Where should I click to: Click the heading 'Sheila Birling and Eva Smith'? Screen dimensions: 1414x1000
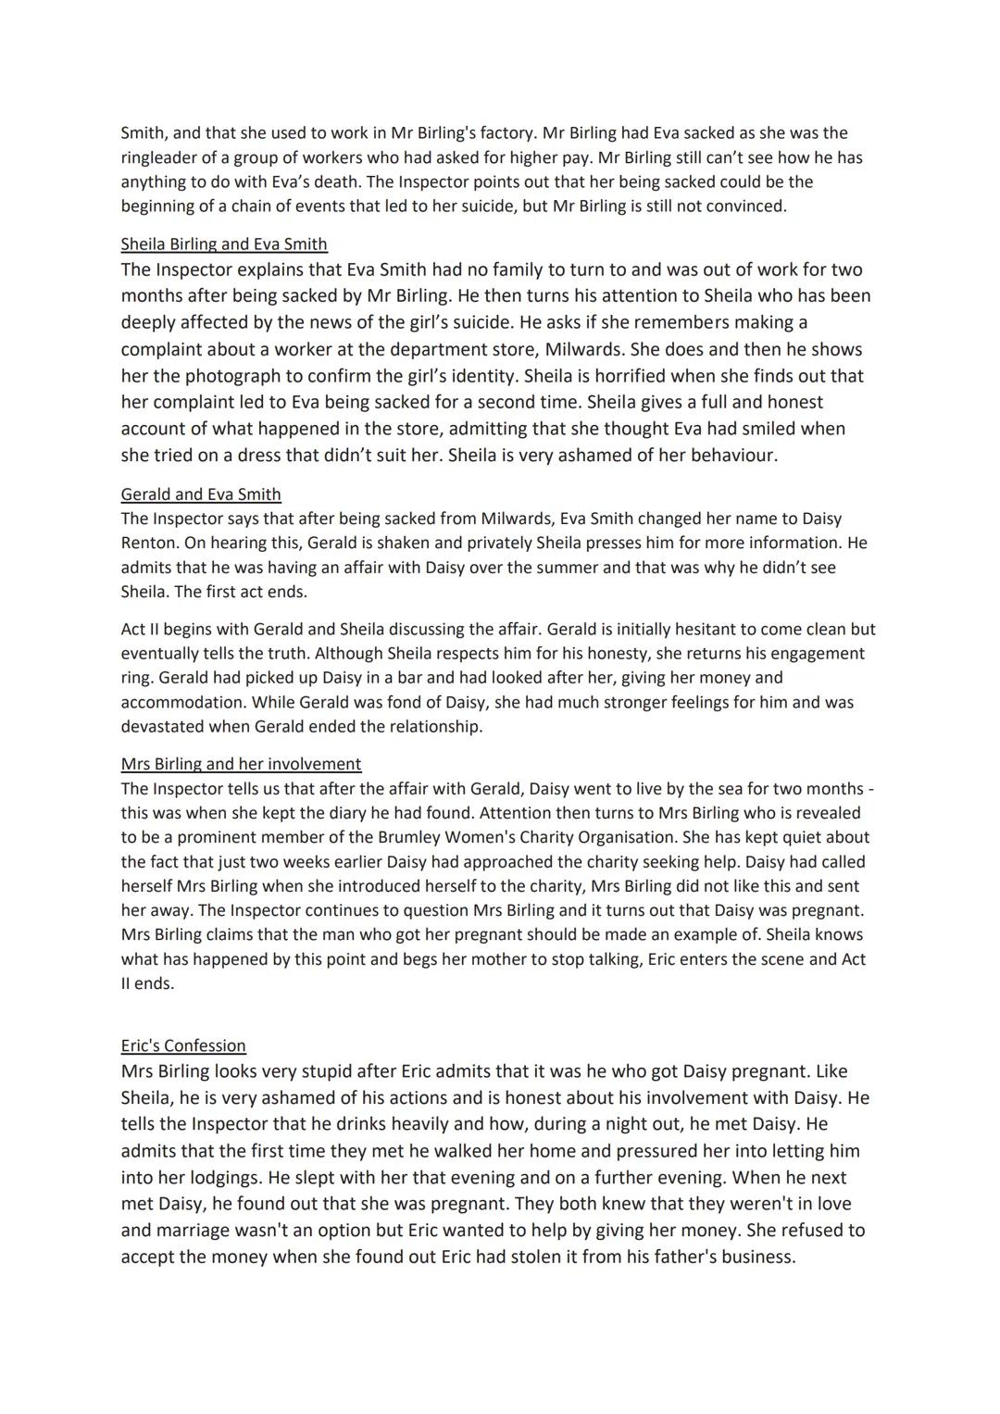tap(224, 244)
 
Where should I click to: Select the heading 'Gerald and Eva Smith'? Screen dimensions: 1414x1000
tap(201, 494)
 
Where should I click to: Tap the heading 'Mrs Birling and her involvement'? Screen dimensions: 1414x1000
tap(241, 764)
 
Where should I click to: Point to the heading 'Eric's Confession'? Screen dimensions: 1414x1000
tap(183, 1045)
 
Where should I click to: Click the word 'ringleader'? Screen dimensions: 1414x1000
tap(161, 157)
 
